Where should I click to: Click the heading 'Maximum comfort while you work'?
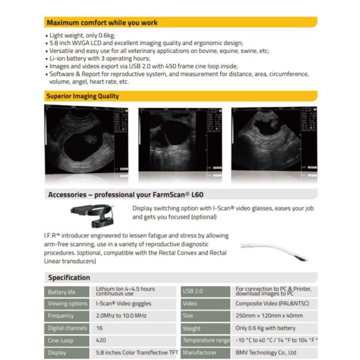(x=102, y=23)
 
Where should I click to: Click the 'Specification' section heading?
(x=69, y=277)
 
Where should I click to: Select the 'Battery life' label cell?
(x=66, y=292)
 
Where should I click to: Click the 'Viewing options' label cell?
(x=66, y=304)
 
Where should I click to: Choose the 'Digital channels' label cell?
(x=66, y=328)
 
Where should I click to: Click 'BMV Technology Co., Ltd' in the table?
(x=266, y=352)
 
